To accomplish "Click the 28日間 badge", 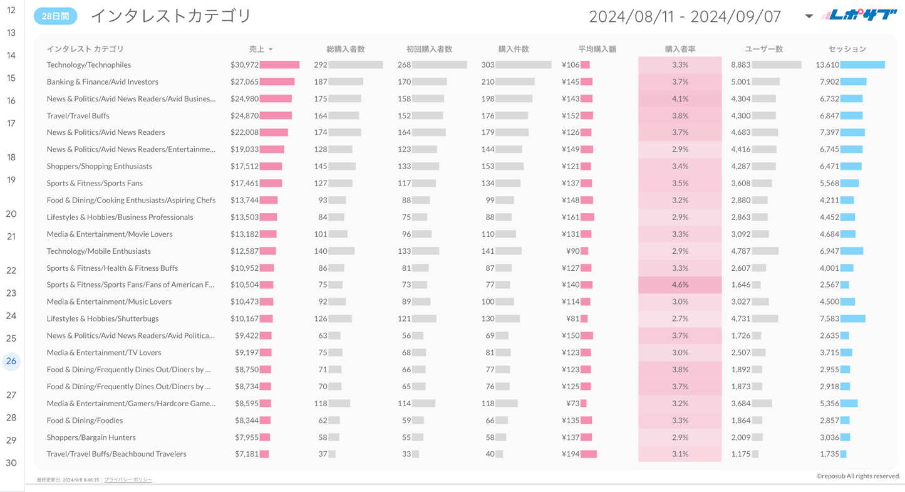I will coord(55,16).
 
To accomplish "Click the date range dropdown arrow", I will coord(809,16).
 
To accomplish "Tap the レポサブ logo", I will coord(859,15).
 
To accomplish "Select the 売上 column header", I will coord(257,49).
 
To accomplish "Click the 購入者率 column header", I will coord(680,49).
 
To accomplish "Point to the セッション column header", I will coord(847,49).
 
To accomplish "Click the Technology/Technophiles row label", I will coord(89,65).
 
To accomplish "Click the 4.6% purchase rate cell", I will coord(680,285).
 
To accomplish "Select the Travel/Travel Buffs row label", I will coord(78,115).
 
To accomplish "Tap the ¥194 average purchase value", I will coord(571,454).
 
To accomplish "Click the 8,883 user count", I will coord(740,65).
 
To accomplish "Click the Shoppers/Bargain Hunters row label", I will coord(91,437).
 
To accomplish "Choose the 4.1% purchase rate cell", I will coord(680,98).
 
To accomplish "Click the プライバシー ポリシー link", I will coord(128,479).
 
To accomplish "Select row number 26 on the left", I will coord(11,361).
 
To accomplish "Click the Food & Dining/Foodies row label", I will coord(85,420).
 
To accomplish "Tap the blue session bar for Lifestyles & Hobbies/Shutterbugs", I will coord(852,318).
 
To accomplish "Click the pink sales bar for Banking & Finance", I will coord(277,81).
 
